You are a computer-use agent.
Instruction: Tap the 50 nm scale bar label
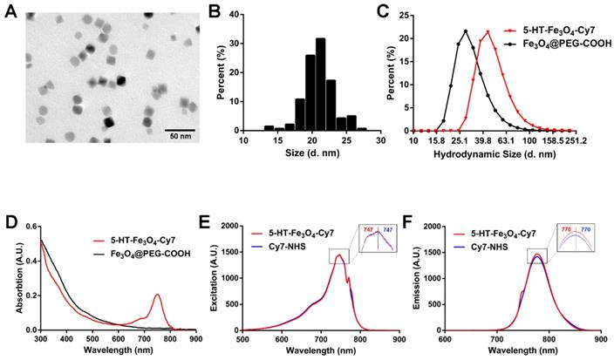(181, 137)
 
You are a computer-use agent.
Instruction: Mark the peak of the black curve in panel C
(466, 31)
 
